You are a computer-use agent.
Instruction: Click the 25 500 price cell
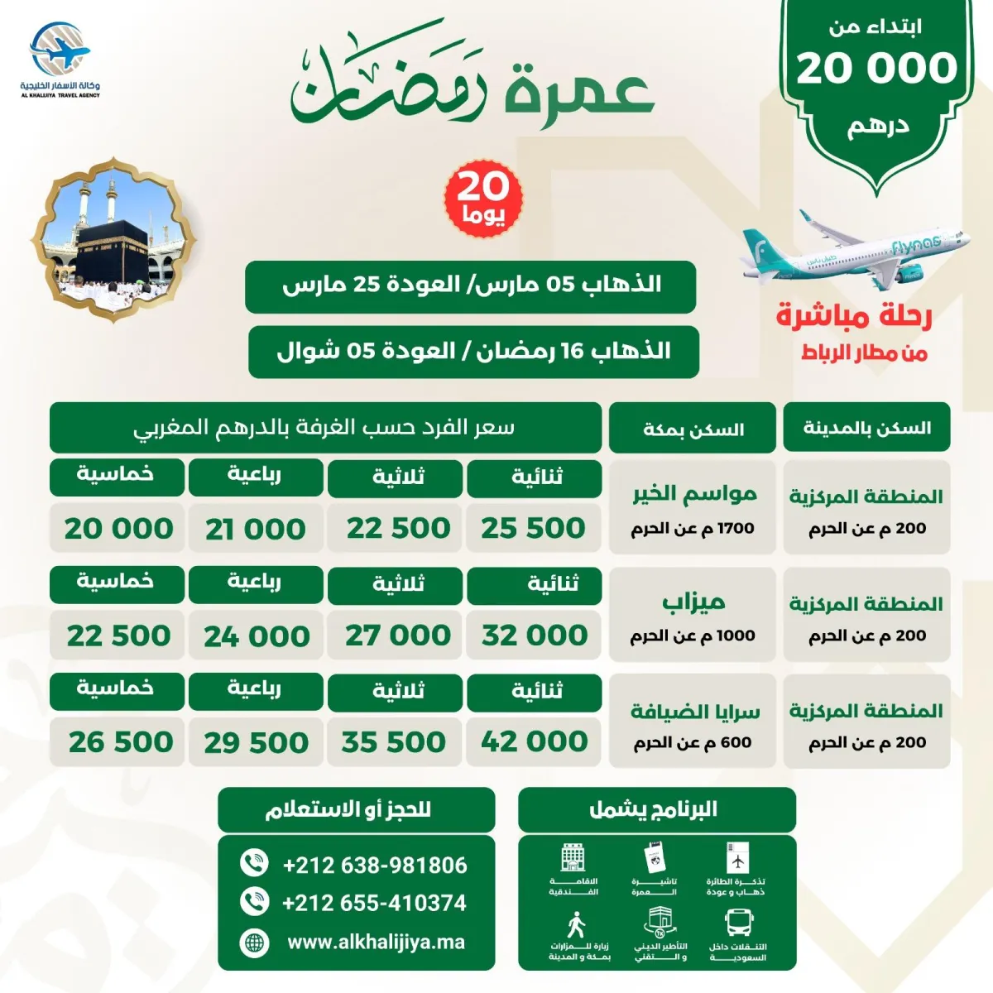coord(534,528)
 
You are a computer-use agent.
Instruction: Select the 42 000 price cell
coord(534,741)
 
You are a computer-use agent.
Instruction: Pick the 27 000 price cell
coord(397,636)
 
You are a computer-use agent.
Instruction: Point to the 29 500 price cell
coord(256,742)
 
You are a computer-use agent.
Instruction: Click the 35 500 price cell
coord(394,741)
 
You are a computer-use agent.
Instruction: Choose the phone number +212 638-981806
coord(375,866)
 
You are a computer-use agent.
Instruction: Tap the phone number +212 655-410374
coord(374,903)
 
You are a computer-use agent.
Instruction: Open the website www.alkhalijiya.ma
coord(376,942)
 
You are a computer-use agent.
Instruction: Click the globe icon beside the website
coord(254,942)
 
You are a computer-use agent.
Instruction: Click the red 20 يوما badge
coord(483,197)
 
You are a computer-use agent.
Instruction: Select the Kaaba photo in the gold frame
coord(113,240)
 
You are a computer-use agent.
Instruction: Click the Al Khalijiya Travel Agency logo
coord(60,62)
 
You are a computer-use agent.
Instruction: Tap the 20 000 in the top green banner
coord(875,68)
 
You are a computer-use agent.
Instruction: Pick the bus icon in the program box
coord(737,922)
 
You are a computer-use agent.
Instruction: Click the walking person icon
coord(577,925)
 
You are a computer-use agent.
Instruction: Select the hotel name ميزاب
coord(693,602)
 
